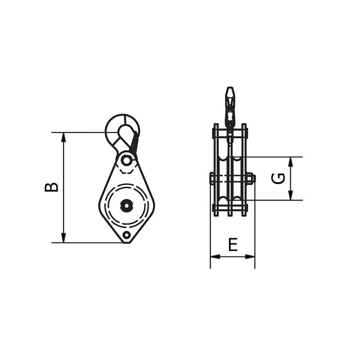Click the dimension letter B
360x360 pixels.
coord(51,187)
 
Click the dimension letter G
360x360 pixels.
coord(278,178)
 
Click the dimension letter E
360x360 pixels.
coord(233,244)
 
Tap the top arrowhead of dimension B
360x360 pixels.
coord(63,138)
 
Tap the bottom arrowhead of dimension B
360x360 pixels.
coord(63,238)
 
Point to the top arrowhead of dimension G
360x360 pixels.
coord(291,162)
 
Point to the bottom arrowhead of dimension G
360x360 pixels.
coord(291,195)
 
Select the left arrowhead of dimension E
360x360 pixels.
coord(216,256)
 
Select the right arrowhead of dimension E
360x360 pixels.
coord(250,256)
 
